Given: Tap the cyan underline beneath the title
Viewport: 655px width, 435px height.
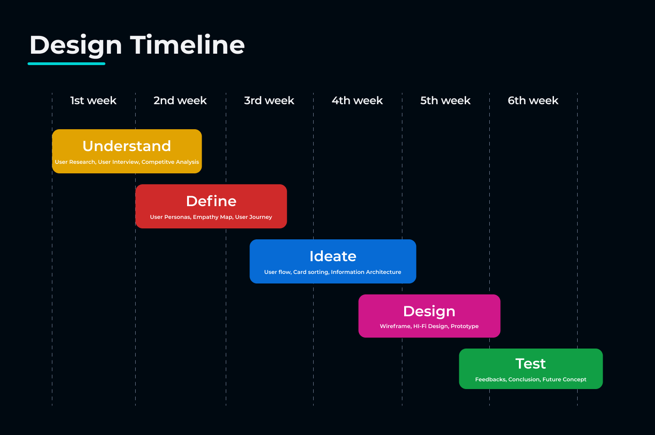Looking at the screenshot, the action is (66, 63).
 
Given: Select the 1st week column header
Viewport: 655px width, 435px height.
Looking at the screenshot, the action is (93, 101).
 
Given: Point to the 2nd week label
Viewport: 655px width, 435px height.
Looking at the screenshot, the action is (180, 101).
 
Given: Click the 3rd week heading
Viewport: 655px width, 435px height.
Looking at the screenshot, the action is (269, 101).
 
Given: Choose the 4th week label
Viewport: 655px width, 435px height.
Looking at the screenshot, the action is (357, 101).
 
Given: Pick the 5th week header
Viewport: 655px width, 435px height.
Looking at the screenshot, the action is (445, 101).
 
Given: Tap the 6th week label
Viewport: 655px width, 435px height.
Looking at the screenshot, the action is (533, 101).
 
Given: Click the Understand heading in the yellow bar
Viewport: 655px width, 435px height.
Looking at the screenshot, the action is (127, 146).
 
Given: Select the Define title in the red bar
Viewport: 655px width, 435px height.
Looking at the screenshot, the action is (211, 201).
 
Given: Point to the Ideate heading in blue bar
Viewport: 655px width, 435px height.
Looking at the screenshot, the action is (333, 256).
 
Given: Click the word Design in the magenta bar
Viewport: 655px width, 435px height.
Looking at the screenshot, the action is (429, 312).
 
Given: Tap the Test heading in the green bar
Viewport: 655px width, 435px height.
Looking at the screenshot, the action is (530, 364).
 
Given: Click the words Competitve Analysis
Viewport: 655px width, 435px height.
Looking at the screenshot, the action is (170, 162).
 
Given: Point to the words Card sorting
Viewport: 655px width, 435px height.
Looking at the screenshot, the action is (311, 272).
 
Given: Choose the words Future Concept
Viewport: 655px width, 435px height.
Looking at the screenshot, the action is (564, 379).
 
